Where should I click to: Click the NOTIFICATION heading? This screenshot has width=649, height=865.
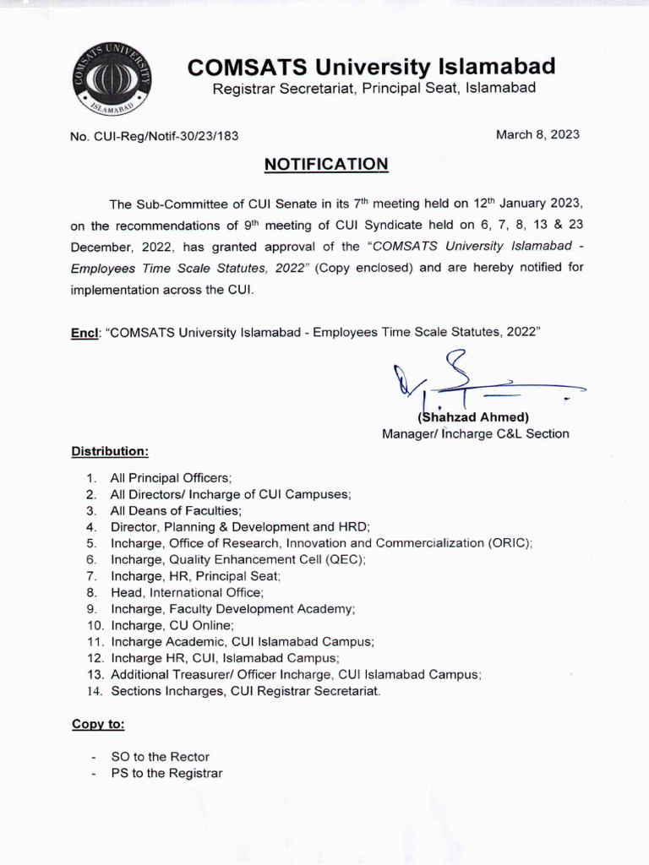pyautogui.click(x=326, y=163)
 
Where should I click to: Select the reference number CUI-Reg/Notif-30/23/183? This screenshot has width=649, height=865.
pyautogui.click(x=160, y=136)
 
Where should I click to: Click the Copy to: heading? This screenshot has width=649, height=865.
pyautogui.click(x=98, y=725)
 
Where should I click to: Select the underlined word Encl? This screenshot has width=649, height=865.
pyautogui.click(x=85, y=333)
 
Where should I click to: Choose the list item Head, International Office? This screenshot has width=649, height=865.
pyautogui.click(x=187, y=593)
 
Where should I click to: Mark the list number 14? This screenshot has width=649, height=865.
pyautogui.click(x=94, y=691)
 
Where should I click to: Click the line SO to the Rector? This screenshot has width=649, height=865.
pyautogui.click(x=160, y=757)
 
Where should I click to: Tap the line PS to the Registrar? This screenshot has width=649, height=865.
pyautogui.click(x=166, y=773)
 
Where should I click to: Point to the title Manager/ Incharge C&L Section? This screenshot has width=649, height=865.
pyautogui.click(x=476, y=434)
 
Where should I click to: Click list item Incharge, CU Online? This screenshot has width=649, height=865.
pyautogui.click(x=171, y=625)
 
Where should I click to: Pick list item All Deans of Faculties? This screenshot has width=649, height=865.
pyautogui.click(x=176, y=511)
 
